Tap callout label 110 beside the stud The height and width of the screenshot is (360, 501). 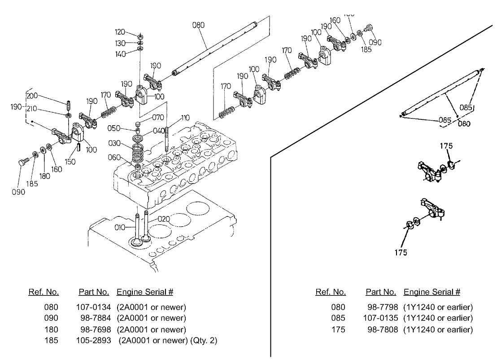click(185, 118)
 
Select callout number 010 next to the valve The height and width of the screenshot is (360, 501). click(119, 228)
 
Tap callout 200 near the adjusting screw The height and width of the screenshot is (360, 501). click(32, 96)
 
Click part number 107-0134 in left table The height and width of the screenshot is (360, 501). click(93, 307)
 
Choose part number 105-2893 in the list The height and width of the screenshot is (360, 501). click(93, 341)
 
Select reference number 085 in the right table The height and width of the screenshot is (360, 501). click(338, 318)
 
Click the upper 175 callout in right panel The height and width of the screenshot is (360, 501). click(446, 146)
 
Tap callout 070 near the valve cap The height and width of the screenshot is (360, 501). click(157, 118)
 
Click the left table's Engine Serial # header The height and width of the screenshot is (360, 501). click(145, 292)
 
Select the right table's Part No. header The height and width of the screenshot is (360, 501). click(381, 292)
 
